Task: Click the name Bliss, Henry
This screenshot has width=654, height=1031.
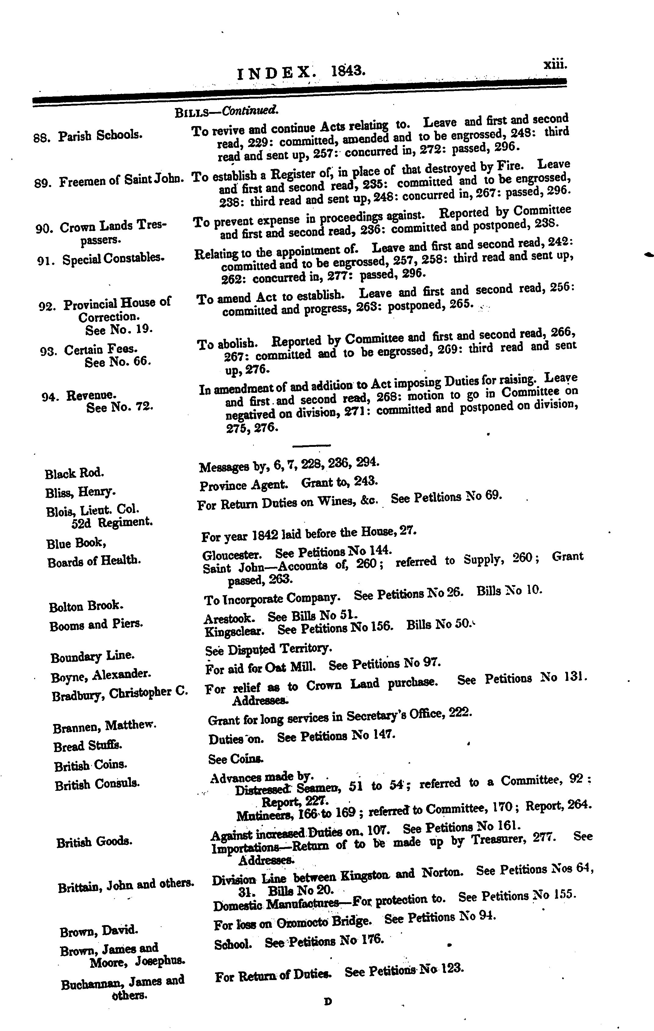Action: click(x=80, y=492)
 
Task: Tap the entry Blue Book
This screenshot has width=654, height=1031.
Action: click(x=76, y=543)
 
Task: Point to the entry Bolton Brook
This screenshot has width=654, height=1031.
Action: click(x=86, y=606)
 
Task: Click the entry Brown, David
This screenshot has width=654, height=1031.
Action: click(x=99, y=930)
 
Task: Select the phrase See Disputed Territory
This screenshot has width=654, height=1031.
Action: click(x=268, y=649)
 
